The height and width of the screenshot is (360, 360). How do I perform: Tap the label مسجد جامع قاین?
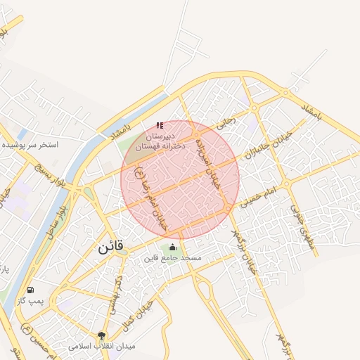click(173, 258)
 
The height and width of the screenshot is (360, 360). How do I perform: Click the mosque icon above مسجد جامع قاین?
click(173, 246)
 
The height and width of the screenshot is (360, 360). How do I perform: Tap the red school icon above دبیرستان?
click(160, 125)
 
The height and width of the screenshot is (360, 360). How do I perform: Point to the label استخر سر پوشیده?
click(30, 144)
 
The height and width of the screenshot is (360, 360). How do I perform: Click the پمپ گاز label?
click(31, 301)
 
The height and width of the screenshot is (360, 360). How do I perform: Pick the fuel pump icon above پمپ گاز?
click(30, 290)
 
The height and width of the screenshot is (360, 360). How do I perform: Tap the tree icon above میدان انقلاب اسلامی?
click(102, 335)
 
